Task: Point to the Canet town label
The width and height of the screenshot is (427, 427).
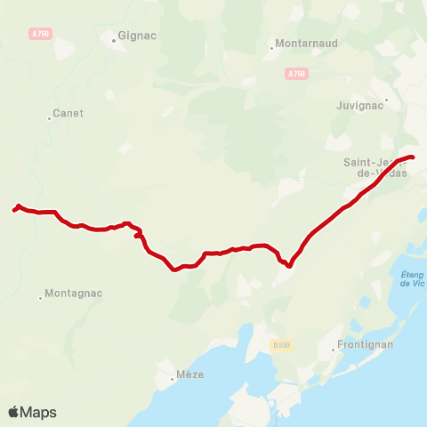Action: coord(68,113)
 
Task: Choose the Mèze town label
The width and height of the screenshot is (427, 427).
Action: coord(190,375)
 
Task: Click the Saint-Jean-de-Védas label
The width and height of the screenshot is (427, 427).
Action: coord(375,167)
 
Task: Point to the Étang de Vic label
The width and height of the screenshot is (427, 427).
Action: coord(412,278)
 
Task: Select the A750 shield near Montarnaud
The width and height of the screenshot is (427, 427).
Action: coord(296,74)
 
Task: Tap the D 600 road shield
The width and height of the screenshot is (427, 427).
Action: coord(282,344)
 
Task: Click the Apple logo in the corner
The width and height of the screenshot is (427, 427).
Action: coord(14,412)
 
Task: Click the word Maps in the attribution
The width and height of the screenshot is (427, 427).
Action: coord(39,413)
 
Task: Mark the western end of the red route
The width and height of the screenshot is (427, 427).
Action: coord(14,210)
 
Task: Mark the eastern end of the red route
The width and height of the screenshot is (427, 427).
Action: coord(414,157)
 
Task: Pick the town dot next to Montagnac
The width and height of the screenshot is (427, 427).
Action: coord(40,298)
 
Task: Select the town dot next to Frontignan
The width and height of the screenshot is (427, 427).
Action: coord(333,349)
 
